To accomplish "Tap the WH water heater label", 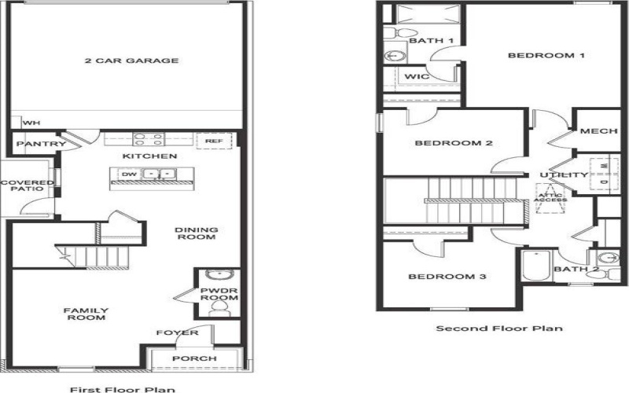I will pos(31,123).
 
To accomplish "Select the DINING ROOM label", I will pos(196,234).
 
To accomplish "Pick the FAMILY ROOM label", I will pos(86,314).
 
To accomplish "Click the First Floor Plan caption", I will pos(123,388).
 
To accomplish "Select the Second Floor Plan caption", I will pos(499,328).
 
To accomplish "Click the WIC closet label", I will pos(415,76).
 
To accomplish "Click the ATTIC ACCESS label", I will pos(550,196).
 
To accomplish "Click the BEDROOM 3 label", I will pos(446,277).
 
